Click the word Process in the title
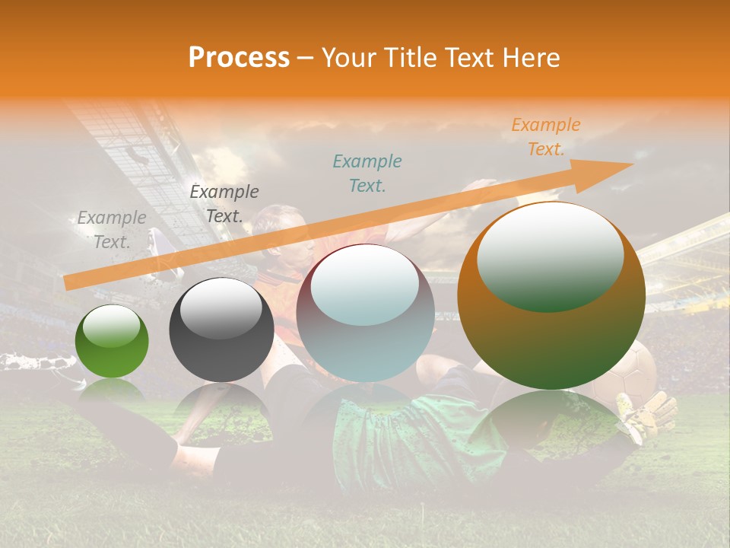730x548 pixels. click(239, 58)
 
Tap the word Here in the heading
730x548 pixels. click(531, 58)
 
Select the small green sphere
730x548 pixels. click(112, 342)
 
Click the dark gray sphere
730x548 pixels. click(221, 330)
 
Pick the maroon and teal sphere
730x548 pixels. click(365, 314)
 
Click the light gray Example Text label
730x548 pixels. click(112, 230)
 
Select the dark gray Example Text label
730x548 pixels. click(224, 204)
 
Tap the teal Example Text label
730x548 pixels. click(367, 173)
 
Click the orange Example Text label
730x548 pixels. click(545, 137)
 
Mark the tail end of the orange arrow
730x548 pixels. click(67, 282)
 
